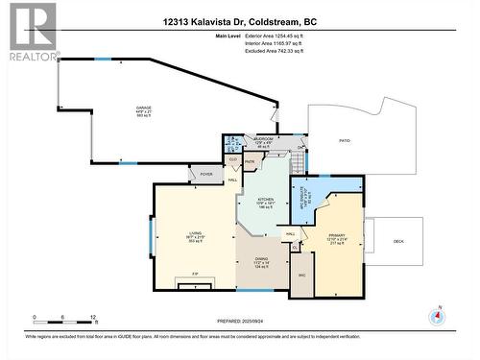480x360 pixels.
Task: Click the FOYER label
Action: click(205, 174)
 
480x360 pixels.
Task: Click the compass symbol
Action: click(438, 317)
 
